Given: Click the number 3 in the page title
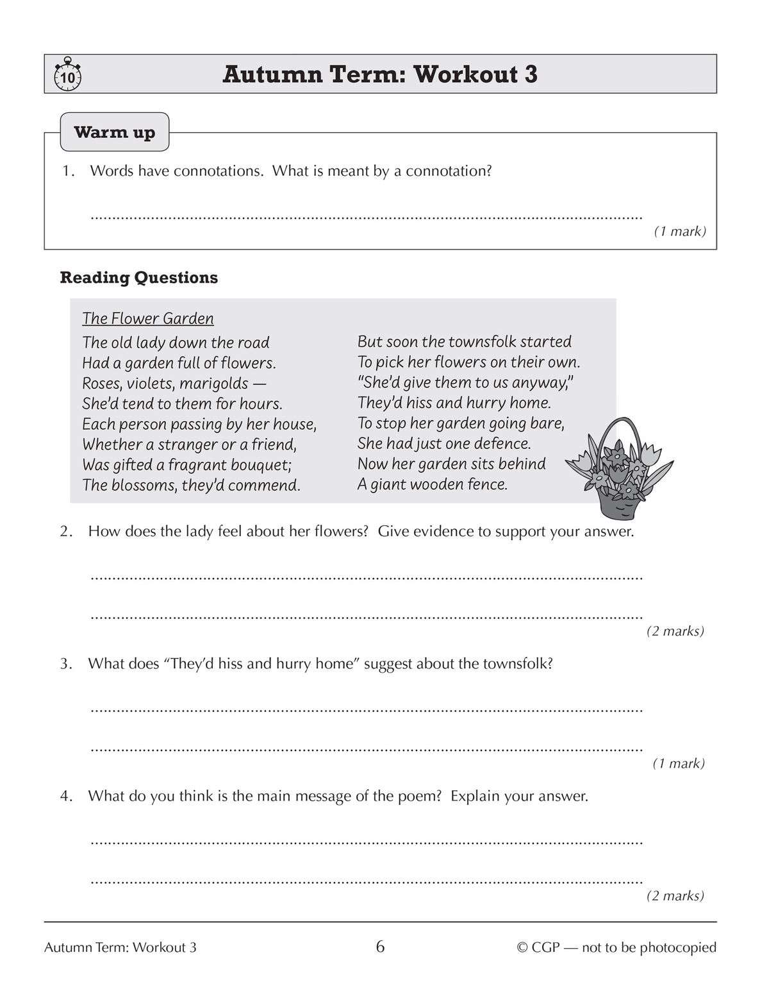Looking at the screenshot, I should click(530, 74).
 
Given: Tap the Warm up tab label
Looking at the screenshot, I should click(115, 133).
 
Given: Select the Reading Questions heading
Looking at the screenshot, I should click(138, 278).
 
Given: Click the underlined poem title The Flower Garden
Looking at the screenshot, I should click(148, 319).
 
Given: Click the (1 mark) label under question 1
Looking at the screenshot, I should click(679, 232).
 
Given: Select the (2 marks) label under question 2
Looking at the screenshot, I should click(675, 631).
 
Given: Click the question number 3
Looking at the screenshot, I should click(65, 664).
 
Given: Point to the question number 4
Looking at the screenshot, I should click(65, 797).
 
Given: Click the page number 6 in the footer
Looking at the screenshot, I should click(380, 947).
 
